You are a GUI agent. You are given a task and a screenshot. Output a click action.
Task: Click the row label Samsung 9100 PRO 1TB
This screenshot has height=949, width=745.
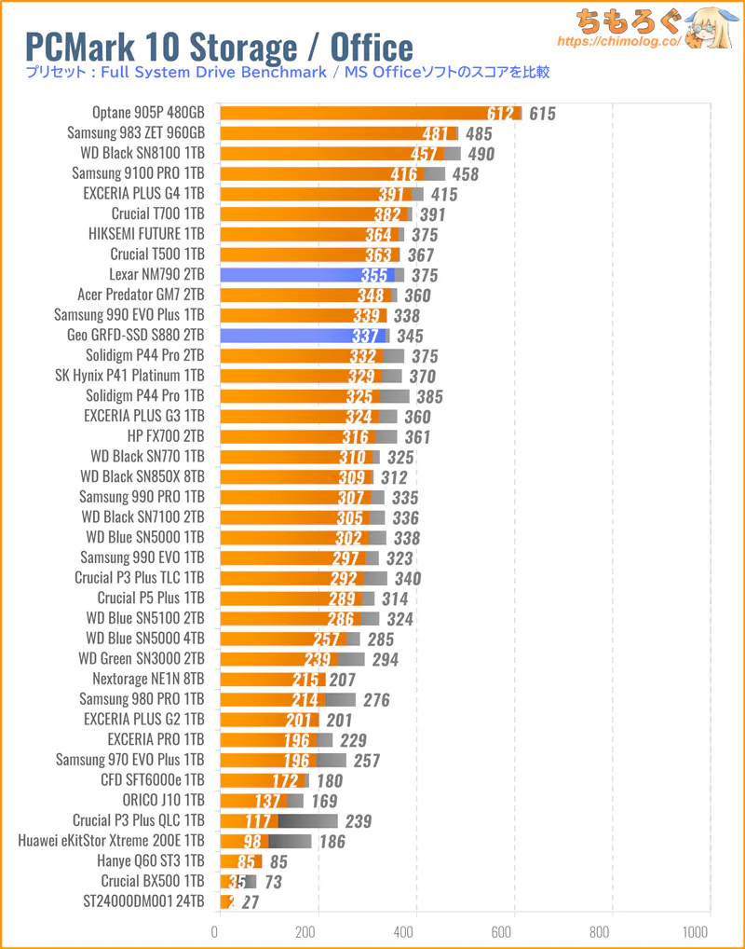click(x=138, y=173)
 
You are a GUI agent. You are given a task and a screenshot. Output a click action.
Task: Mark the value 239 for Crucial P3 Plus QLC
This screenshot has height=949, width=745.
click(x=358, y=821)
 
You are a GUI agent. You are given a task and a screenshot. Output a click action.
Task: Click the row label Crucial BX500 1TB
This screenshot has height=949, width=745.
click(x=153, y=881)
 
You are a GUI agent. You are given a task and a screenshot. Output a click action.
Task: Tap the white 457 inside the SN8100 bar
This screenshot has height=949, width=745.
click(x=426, y=154)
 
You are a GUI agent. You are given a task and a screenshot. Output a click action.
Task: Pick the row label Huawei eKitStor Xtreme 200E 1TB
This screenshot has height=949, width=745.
click(x=111, y=841)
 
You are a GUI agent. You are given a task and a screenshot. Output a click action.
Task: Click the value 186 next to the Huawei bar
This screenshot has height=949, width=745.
click(x=331, y=842)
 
